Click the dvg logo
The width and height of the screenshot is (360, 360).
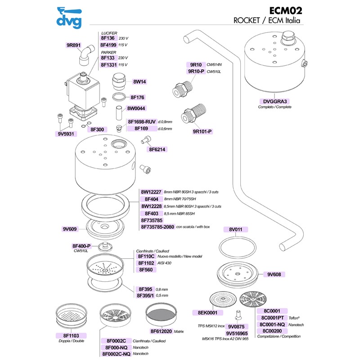coord(69,18)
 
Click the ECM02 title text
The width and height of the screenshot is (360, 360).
coord(285,11)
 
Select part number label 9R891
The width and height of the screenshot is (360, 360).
coord(73,45)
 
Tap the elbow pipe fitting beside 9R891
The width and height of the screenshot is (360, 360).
coord(86,55)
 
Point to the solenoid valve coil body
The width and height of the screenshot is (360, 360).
coord(83,92)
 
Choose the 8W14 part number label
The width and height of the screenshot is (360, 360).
coord(139,82)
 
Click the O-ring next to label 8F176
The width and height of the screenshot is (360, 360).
coord(119,97)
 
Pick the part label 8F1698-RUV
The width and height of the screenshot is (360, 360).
coord(142,121)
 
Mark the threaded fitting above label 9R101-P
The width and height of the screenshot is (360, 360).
coord(193,114)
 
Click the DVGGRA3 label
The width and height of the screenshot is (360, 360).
coord(275,102)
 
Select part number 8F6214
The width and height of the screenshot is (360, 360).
coord(157,149)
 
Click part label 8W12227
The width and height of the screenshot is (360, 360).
coord(151,192)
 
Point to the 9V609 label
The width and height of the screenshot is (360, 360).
coord(70,229)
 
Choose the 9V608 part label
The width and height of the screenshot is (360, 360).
coord(274,274)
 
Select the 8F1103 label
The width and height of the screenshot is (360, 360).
coord(71,336)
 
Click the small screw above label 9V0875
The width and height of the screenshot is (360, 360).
coord(238,315)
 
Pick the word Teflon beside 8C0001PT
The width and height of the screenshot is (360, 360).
coord(294,318)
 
